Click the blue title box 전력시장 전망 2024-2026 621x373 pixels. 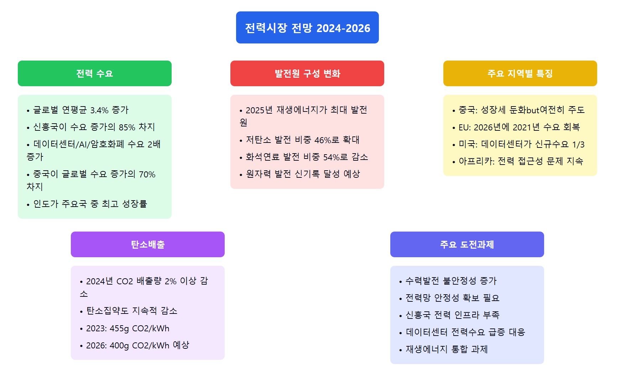click(x=307, y=27)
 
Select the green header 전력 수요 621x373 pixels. click(x=95, y=73)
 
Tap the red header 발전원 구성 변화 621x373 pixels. click(x=307, y=73)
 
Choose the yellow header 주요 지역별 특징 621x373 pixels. click(x=520, y=73)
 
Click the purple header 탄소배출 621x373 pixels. click(x=148, y=244)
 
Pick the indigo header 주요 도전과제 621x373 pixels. click(x=467, y=244)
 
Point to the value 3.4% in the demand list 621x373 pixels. click(x=99, y=110)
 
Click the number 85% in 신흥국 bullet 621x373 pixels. click(x=127, y=127)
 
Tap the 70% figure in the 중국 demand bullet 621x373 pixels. click(x=147, y=174)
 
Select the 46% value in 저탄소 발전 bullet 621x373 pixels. click(x=323, y=140)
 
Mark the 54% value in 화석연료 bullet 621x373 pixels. click(x=332, y=157)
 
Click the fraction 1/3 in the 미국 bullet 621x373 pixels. click(x=578, y=144)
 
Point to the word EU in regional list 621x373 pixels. click(x=463, y=127)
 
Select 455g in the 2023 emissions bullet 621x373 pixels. click(x=119, y=328)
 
